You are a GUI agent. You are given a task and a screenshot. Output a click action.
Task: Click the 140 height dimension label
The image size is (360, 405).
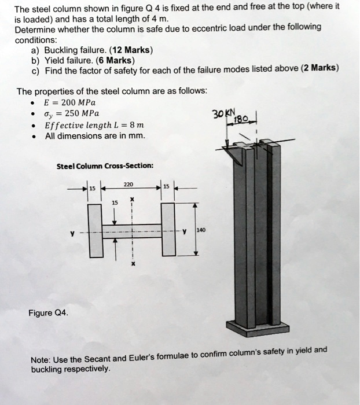pos(201,229)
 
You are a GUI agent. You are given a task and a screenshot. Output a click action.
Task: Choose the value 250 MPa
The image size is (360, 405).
pos(80,112)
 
